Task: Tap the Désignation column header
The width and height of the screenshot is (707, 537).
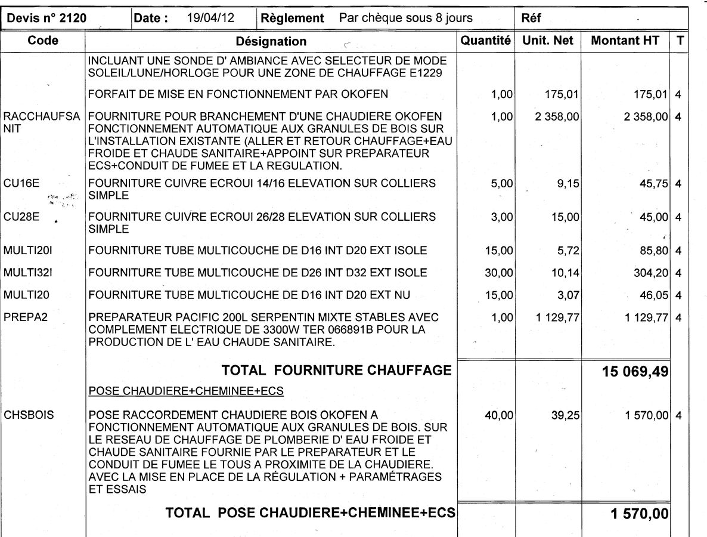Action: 271,41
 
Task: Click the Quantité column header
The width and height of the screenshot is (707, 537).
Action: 486,41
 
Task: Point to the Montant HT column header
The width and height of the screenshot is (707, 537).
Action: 625,41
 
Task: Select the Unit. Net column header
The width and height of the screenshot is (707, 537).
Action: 548,41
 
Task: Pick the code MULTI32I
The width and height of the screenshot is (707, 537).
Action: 28,273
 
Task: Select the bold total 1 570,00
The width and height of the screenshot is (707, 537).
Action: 640,513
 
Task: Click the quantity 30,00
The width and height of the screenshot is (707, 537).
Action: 499,273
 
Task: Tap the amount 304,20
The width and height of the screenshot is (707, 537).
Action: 651,273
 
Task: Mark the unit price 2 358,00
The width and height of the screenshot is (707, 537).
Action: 557,116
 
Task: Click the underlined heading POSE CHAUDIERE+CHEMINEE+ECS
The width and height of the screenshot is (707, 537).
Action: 185,391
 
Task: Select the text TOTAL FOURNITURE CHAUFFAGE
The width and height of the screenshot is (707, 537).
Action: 336,371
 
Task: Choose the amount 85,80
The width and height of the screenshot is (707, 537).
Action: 654,251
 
